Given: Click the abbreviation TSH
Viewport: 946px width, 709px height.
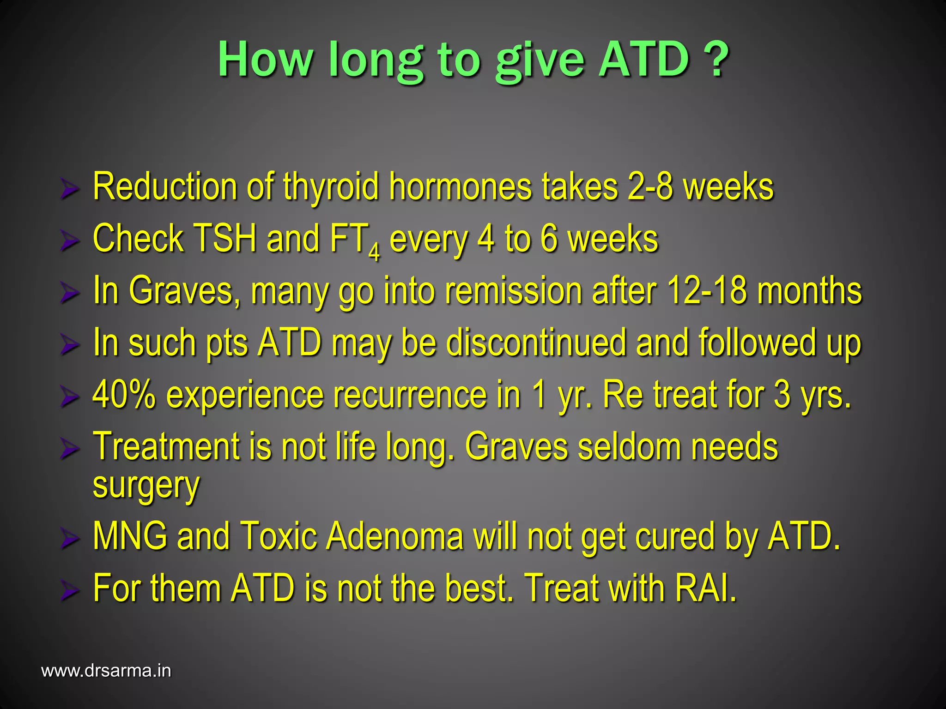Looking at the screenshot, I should [x=224, y=239].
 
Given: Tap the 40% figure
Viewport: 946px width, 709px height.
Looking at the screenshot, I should [x=124, y=395].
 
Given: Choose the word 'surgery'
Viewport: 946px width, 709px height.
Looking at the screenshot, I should [x=146, y=486].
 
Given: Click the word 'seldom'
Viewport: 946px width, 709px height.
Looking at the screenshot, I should [x=629, y=447].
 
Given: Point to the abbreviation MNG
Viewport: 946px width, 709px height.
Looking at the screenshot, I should [x=130, y=536].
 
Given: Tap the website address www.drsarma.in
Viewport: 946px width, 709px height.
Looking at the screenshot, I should [x=106, y=671].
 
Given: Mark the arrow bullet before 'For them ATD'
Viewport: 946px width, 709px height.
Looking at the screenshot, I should [x=69, y=591].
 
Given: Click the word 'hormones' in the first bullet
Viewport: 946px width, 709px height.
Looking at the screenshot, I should [x=460, y=186].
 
